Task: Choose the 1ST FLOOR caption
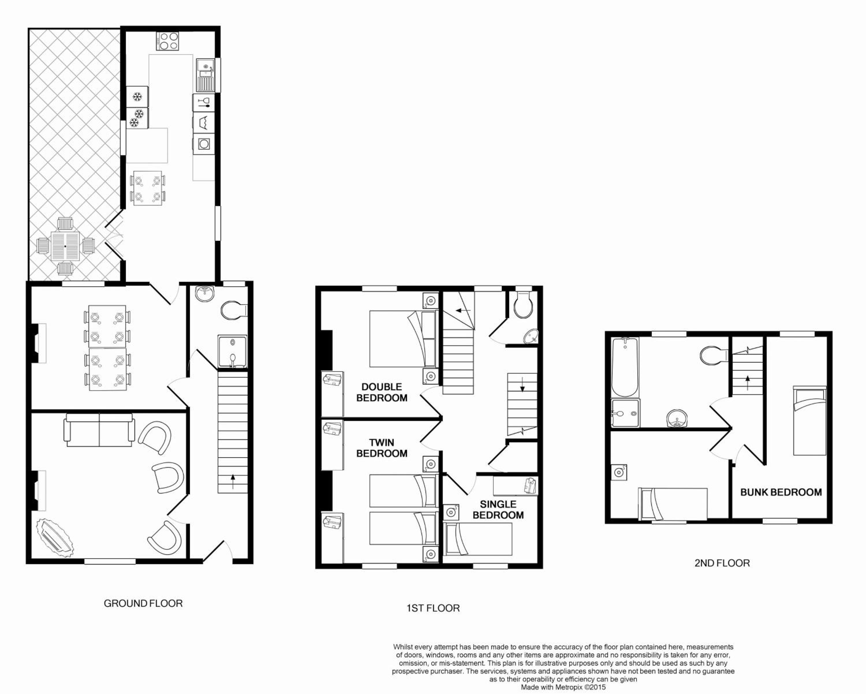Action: pyautogui.click(x=433, y=608)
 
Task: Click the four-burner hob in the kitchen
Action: pyautogui.click(x=167, y=41)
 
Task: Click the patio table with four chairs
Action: pyautogui.click(x=65, y=246)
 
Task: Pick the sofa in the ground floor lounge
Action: pyautogui.click(x=99, y=430)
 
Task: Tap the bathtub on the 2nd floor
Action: pyautogui.click(x=625, y=367)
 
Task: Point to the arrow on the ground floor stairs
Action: pyautogui.click(x=233, y=482)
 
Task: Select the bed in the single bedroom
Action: pyautogui.click(x=477, y=539)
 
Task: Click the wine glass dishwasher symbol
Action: pyautogui.click(x=204, y=102)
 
